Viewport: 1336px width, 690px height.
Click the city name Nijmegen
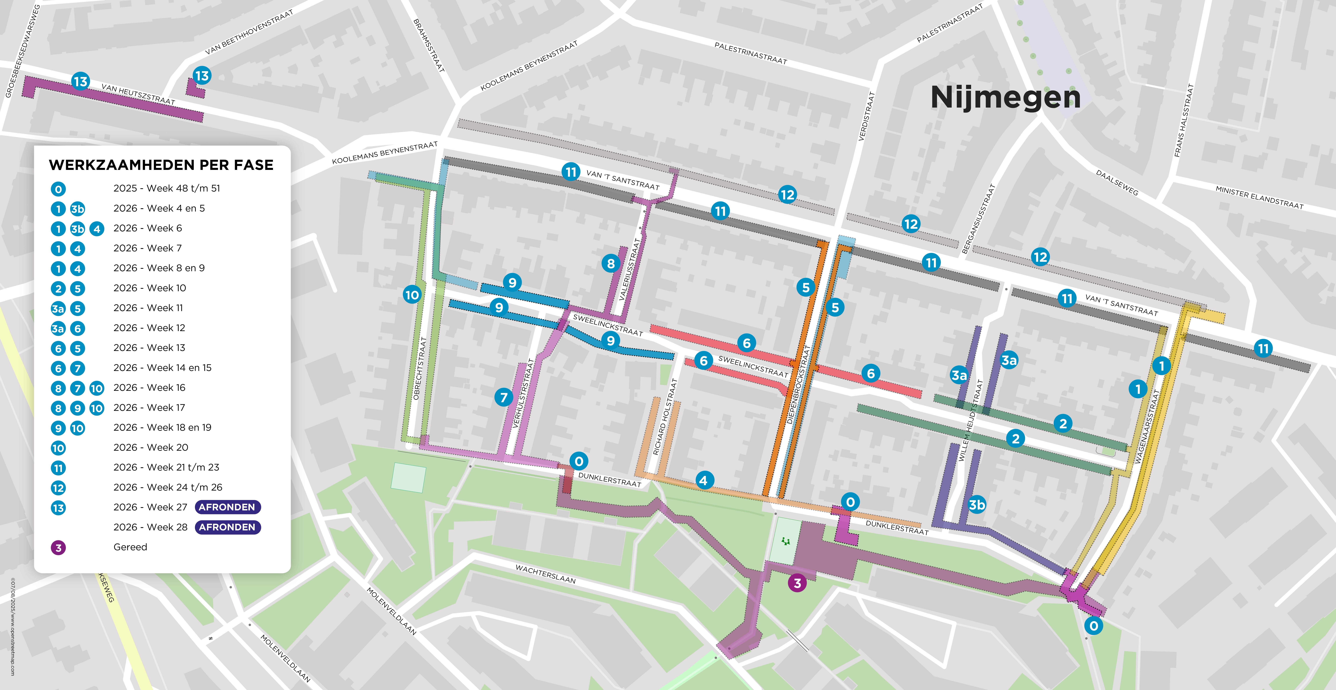(x=1005, y=97)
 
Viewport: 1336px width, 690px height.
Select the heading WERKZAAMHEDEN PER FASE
(x=161, y=165)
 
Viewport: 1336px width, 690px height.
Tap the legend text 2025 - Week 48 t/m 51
(x=166, y=188)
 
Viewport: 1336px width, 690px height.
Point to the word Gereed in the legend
(x=130, y=547)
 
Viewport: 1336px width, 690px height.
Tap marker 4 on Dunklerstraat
(x=703, y=480)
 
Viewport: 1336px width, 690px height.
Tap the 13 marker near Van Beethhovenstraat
(x=202, y=76)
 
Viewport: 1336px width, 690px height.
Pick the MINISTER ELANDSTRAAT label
(x=1259, y=198)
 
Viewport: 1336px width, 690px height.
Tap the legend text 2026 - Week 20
(x=150, y=447)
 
